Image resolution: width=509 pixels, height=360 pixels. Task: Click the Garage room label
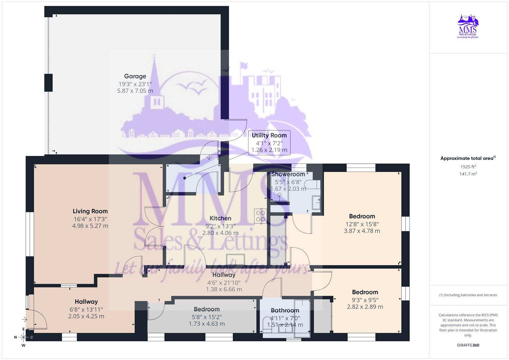(135, 76)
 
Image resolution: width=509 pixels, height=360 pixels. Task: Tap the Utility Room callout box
(269, 143)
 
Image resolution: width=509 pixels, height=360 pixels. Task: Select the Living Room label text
(90, 211)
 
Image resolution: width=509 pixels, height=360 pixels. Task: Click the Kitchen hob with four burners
(260, 216)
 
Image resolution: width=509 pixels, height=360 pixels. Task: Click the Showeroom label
(288, 174)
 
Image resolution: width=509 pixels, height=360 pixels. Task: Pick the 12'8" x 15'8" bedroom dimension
(362, 224)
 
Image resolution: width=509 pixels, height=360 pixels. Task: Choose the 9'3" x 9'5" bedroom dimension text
(365, 300)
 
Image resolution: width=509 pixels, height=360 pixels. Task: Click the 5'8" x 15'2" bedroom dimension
(207, 317)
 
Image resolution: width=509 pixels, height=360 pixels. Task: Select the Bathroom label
(285, 311)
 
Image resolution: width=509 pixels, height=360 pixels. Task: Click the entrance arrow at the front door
(24, 320)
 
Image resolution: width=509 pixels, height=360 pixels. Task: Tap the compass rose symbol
(23, 337)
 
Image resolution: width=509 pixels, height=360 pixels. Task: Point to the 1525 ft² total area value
(468, 167)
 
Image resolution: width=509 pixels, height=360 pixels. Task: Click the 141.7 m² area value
(468, 174)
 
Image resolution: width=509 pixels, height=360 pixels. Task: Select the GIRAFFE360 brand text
(468, 345)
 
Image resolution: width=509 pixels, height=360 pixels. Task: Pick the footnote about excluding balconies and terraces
(468, 295)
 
